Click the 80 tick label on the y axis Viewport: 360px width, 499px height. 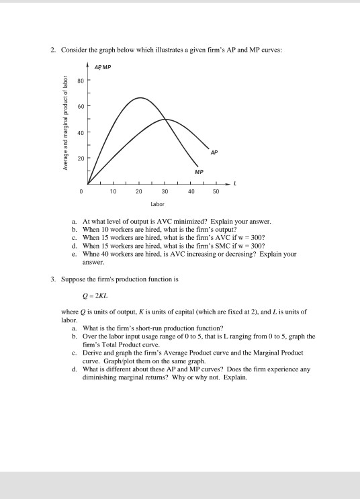[x=79, y=82]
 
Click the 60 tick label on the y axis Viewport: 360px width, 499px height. [x=79, y=107]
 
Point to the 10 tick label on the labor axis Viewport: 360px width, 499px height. [x=114, y=191]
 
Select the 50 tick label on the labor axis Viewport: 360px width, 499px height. [x=215, y=191]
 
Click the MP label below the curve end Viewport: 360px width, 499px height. [x=199, y=172]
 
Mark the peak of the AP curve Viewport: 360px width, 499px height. [x=167, y=120]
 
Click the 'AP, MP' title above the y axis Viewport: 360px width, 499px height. [x=102, y=68]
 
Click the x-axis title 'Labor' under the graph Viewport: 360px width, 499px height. [x=158, y=204]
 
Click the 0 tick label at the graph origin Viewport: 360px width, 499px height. [x=79, y=191]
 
